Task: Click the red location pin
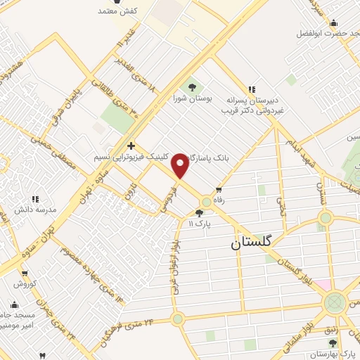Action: tap(181, 165)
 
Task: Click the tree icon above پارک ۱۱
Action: tap(200, 213)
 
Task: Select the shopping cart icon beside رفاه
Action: tap(219, 189)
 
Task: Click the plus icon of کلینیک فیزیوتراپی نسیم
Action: tap(131, 146)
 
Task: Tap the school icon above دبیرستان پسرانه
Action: tap(250, 89)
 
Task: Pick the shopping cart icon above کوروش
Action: tap(25, 274)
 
